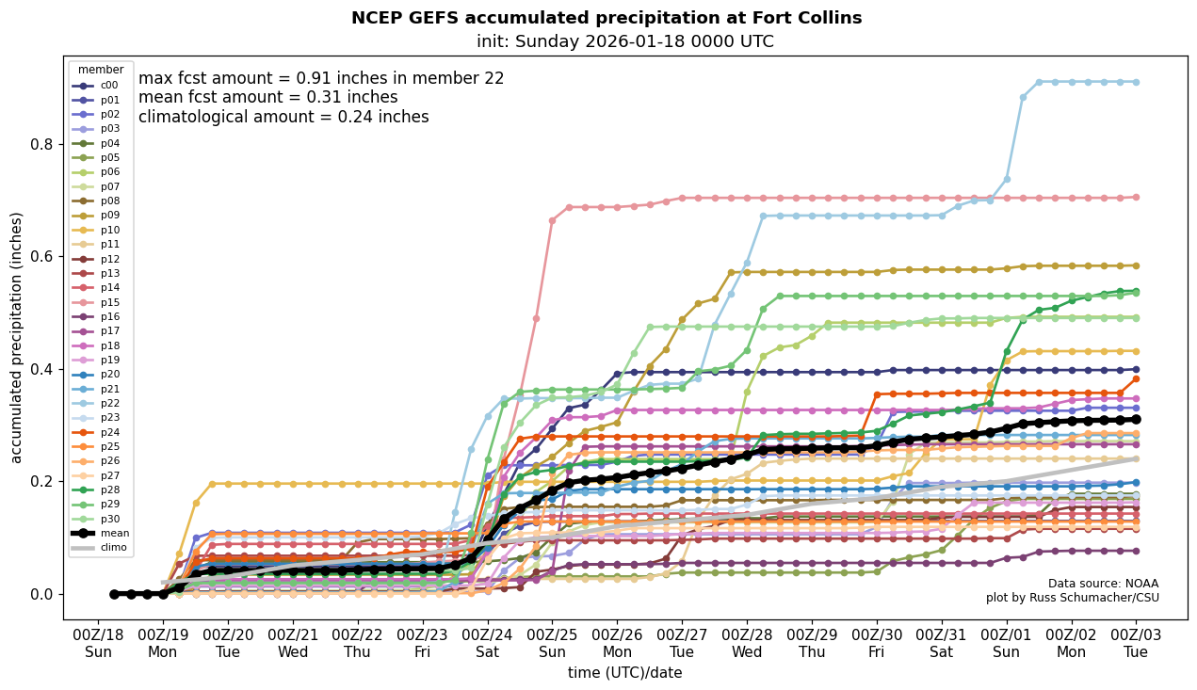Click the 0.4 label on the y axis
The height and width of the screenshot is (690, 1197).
[x=40, y=370]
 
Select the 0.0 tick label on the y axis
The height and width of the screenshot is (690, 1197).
[x=40, y=595]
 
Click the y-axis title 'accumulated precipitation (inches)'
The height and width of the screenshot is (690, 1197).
[x=16, y=337]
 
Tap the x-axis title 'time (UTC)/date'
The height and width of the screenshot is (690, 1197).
[x=624, y=673]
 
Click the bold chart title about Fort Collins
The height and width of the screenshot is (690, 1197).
[x=606, y=18]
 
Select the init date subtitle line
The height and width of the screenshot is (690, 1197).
[x=624, y=41]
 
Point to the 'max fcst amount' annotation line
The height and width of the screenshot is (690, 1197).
[x=321, y=78]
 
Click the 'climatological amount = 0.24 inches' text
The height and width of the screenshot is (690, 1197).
[x=283, y=117]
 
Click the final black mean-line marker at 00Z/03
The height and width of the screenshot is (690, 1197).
[x=1136, y=419]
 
